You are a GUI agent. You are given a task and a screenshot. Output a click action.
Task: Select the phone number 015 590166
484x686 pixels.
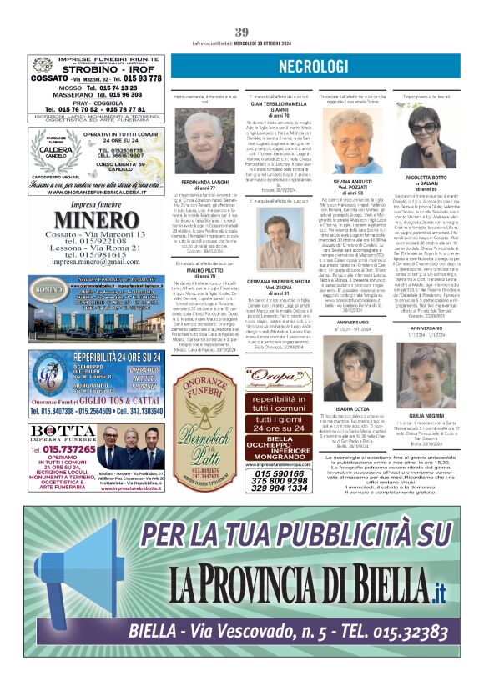click(x=279, y=473)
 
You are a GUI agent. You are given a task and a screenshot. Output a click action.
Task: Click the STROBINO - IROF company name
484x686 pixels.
click(x=95, y=69)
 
